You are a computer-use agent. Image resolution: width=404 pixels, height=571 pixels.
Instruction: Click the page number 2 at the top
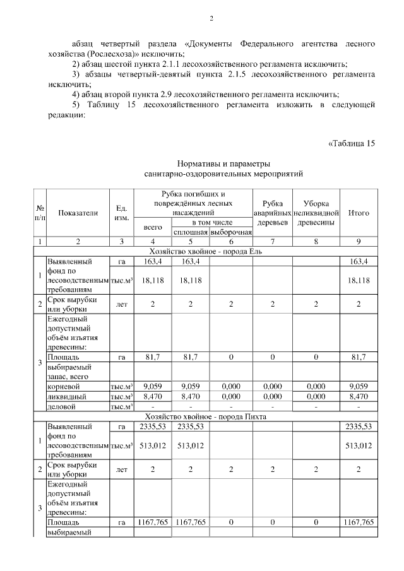211,18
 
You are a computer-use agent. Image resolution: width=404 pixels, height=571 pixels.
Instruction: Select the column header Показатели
78,213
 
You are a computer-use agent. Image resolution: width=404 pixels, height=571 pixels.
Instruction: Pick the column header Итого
359,213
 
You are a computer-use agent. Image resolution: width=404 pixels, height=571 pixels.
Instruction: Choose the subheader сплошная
191,232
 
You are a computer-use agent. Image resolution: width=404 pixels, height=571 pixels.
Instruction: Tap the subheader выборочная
231,232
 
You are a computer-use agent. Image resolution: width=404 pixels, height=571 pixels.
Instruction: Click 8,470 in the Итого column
359,397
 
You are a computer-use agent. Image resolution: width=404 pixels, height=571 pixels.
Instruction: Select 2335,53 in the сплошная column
191,427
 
